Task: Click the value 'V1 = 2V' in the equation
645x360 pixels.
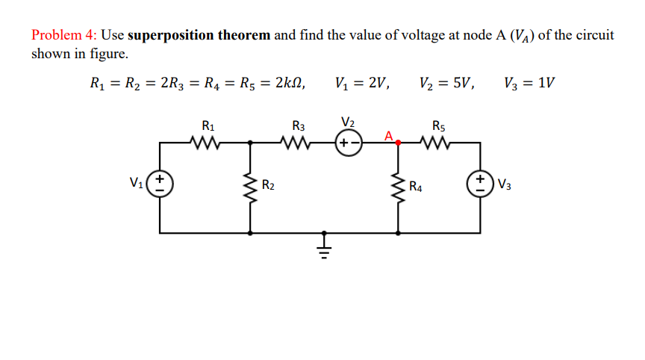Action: pos(364,82)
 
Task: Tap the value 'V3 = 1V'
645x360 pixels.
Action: pos(530,82)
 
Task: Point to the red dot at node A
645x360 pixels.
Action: pos(398,141)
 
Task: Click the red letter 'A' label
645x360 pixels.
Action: pos(388,134)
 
